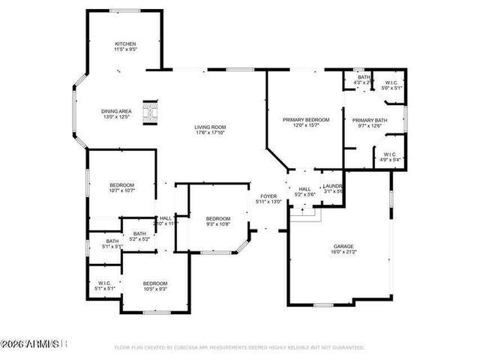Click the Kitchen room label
125,44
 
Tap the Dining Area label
116,112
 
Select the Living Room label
211,127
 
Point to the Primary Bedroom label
306,120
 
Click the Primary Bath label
369,120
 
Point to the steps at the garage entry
304,215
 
